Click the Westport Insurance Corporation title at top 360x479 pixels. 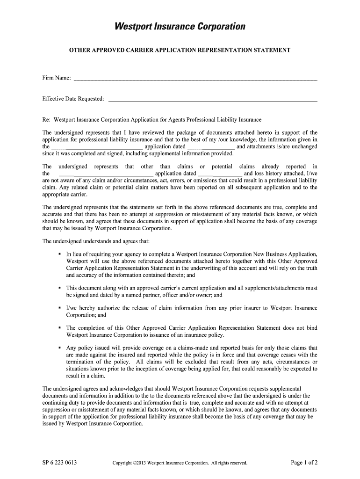click(x=180, y=27)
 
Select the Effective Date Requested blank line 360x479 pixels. click(x=213, y=100)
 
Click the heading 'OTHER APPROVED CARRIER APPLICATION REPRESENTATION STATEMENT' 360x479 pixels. click(x=180, y=50)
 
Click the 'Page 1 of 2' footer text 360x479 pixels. click(x=304, y=463)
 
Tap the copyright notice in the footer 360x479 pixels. click(x=180, y=464)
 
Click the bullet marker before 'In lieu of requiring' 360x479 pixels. click(x=60, y=254)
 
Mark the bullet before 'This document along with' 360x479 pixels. click(x=60, y=289)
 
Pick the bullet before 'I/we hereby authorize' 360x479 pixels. click(x=60, y=309)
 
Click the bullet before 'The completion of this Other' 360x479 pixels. click(x=60, y=328)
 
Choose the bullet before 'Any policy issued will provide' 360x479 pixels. click(x=60, y=348)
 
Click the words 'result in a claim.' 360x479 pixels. click(x=86, y=376)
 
